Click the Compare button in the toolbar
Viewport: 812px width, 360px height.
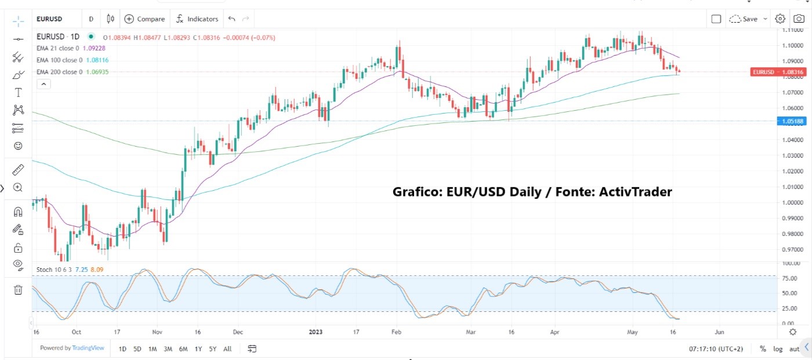[145, 19]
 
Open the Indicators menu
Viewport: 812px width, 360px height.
[198, 19]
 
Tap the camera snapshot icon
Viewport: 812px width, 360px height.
[799, 19]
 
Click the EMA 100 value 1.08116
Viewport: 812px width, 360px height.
[97, 60]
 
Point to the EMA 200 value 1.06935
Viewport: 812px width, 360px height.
[97, 72]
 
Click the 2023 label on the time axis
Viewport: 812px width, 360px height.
[316, 332]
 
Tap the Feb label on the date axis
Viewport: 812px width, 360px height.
[396, 332]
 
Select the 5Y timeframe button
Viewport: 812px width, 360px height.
[212, 349]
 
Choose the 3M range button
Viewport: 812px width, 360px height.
[168, 349]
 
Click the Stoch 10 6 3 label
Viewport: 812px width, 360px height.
[55, 270]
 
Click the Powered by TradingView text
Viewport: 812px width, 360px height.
[72, 348]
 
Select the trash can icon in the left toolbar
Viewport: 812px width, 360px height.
[18, 289]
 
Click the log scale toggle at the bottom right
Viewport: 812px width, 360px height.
[778, 349]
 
